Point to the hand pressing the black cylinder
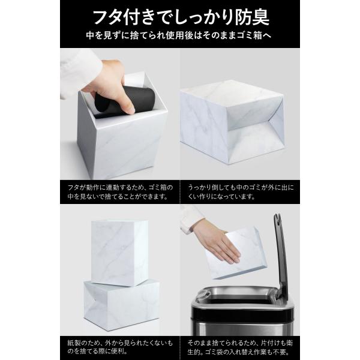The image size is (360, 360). pos(109,85)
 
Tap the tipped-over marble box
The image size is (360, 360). pos(232,122)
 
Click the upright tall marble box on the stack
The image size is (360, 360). pos(119,253)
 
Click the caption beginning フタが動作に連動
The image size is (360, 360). pos(120,192)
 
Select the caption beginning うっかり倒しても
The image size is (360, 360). pos(241,192)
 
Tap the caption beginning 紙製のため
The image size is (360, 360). pos(120,347)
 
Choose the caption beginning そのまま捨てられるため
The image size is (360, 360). pos(240,347)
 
